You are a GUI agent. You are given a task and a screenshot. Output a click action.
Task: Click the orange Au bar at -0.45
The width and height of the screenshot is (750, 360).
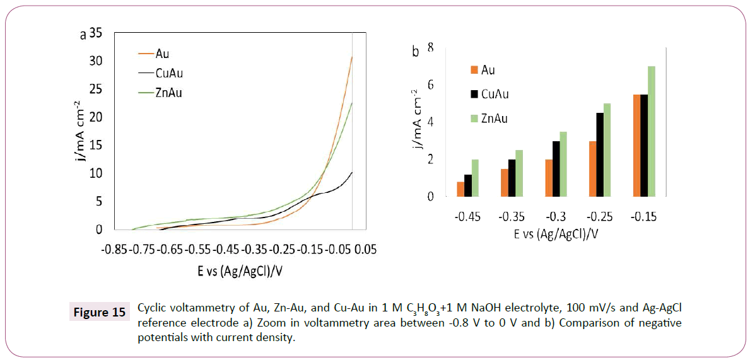tap(460, 189)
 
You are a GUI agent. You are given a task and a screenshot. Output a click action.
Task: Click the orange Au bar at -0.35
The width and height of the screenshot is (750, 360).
tap(505, 183)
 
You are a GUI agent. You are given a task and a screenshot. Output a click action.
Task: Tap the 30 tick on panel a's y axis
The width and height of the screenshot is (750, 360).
tap(96, 61)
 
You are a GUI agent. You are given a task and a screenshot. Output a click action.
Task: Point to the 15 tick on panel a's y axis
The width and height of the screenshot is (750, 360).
tap(96, 146)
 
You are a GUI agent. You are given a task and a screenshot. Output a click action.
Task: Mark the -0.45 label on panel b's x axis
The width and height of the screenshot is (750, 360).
tap(467, 217)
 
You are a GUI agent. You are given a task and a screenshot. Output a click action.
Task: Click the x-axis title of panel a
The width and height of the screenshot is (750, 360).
tap(240, 272)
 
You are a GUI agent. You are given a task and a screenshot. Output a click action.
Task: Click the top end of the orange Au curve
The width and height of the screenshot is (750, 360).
tap(352, 57)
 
